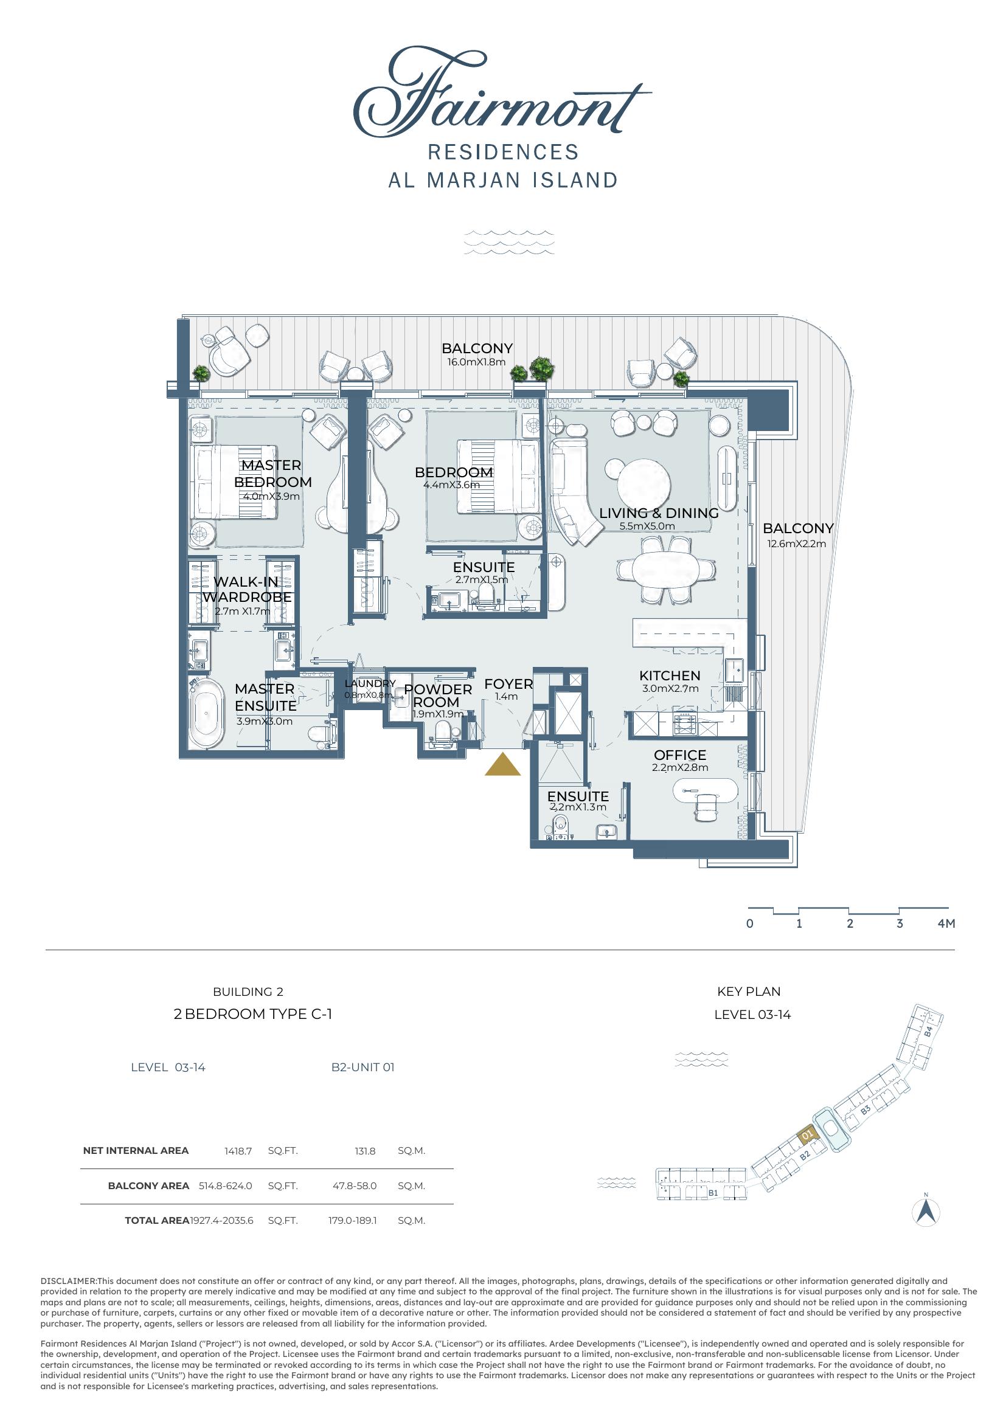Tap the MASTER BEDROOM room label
coord(272,474)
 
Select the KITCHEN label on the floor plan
coord(670,675)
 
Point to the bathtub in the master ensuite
coord(206,714)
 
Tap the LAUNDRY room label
coord(370,684)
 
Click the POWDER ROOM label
coord(437,695)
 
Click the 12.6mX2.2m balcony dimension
coord(797,544)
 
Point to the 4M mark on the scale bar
coord(946,923)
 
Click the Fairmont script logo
coord(502,93)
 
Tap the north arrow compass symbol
coord(927,1212)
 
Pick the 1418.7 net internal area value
coord(238,1151)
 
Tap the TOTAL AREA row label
coord(157,1220)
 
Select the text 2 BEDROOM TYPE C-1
coord(253,1014)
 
